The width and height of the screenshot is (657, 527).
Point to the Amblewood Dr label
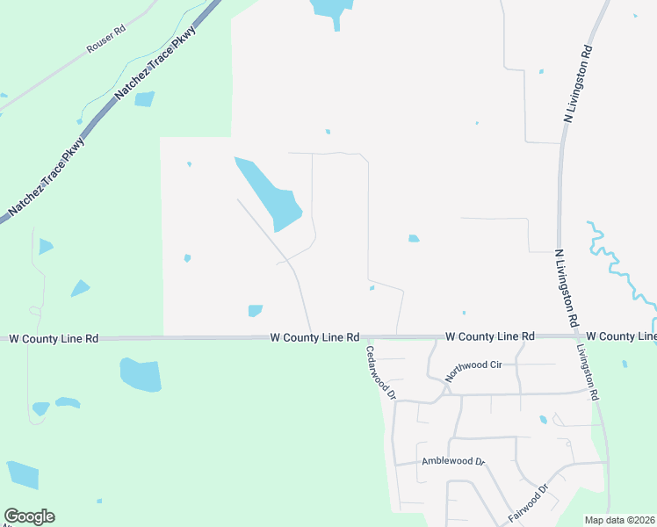tap(453, 461)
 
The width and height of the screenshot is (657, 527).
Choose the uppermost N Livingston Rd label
tap(580, 83)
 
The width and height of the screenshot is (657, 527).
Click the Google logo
tap(29, 516)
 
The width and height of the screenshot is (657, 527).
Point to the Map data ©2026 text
tap(619, 520)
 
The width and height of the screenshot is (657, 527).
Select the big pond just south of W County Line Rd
tap(141, 374)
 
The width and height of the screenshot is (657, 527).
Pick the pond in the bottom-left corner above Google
tap(24, 474)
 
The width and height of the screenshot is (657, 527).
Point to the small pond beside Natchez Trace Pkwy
tap(144, 99)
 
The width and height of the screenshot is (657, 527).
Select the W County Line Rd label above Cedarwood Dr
tap(315, 337)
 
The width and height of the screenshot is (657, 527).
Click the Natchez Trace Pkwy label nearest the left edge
tap(47, 178)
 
